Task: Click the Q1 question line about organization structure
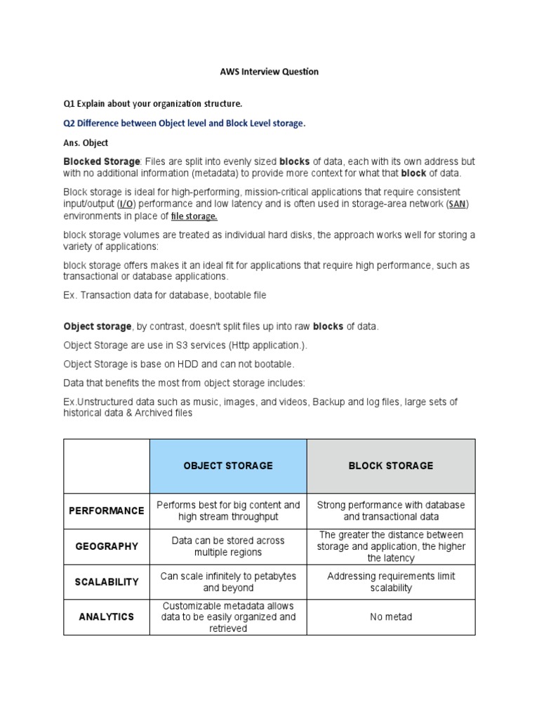[152, 104]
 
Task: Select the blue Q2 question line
[185, 124]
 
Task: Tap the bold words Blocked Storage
[102, 162]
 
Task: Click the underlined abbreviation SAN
[458, 204]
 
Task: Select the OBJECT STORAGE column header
[228, 466]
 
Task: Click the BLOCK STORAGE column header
[391, 466]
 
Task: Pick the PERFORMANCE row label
[106, 510]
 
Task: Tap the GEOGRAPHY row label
[106, 546]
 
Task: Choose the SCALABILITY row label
[106, 582]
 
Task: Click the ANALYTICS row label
[106, 617]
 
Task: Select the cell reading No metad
[391, 617]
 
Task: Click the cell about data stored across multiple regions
[228, 546]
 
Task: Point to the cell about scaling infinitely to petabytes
[228, 582]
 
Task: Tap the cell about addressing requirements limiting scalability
[391, 582]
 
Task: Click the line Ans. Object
[86, 143]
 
